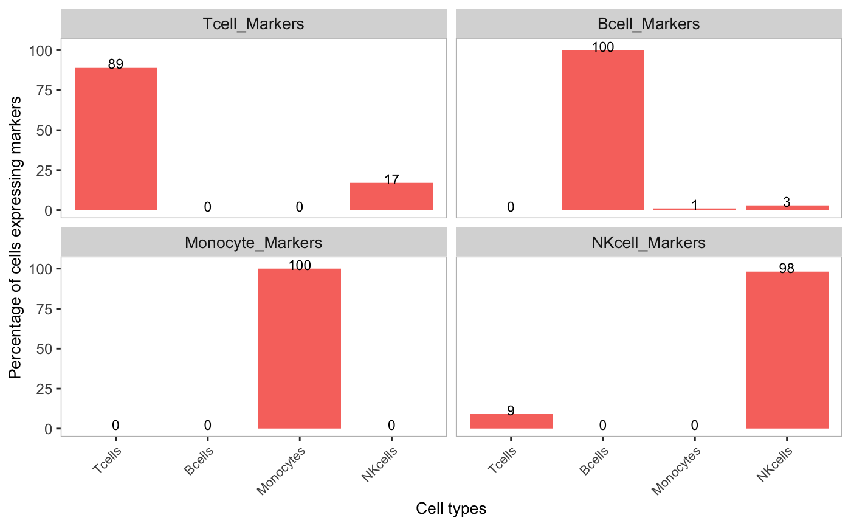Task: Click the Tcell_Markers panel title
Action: pyautogui.click(x=253, y=24)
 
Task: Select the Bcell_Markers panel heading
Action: pyautogui.click(x=648, y=24)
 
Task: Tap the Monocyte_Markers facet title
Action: pyautogui.click(x=253, y=243)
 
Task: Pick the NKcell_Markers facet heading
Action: pyautogui.click(x=648, y=243)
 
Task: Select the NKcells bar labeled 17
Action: pyautogui.click(x=391, y=196)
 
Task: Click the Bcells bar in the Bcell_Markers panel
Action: pyautogui.click(x=602, y=130)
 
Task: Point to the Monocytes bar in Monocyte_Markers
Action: pyautogui.click(x=299, y=348)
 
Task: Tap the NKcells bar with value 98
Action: pyautogui.click(x=787, y=350)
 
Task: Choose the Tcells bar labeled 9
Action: pyautogui.click(x=511, y=421)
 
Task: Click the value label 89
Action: pyautogui.click(x=115, y=64)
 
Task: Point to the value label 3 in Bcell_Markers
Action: pyautogui.click(x=787, y=202)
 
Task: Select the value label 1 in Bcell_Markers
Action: pyautogui.click(x=694, y=206)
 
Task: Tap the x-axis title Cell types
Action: pyautogui.click(x=451, y=508)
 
